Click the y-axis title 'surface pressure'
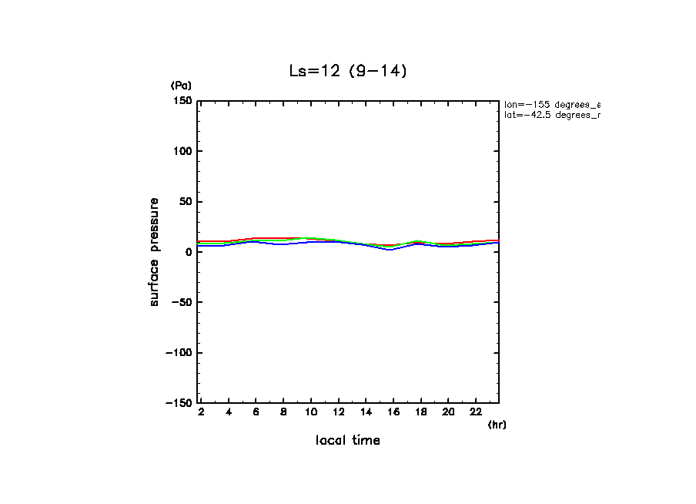point(155,252)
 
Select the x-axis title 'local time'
point(347,441)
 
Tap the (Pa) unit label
point(181,86)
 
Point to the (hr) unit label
point(497,425)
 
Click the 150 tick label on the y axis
point(182,101)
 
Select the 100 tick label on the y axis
point(182,151)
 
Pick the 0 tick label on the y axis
point(188,252)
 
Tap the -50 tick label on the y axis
point(180,302)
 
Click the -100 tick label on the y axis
point(178,352)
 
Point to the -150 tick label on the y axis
point(178,402)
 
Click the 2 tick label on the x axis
point(201,412)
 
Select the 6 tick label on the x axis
point(256,412)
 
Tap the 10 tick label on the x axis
point(311,412)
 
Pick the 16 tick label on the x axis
point(393,412)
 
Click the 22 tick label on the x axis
point(476,412)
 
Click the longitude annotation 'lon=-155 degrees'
point(551,104)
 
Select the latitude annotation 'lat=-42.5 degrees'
point(551,115)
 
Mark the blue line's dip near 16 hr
point(390,250)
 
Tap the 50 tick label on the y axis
point(185,202)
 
